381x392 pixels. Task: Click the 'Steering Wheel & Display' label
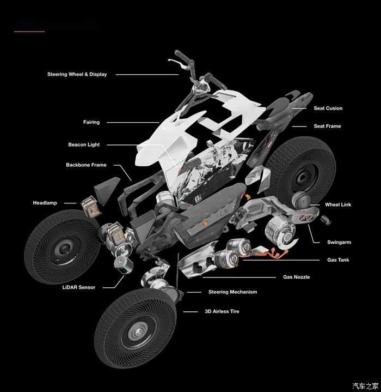pos(77,74)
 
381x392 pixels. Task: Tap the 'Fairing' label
pos(91,122)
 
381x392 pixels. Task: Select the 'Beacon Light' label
pos(84,144)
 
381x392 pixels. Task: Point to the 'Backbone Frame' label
pos(86,165)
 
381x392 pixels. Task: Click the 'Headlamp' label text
pos(45,203)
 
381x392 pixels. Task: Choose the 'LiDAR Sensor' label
pos(79,287)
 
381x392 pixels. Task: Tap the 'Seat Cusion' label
pos(328,108)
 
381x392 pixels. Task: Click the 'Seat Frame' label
pos(327,126)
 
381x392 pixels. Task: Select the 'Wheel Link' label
pos(338,204)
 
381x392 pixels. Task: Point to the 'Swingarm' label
pos(339,242)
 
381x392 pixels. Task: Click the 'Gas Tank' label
pos(338,260)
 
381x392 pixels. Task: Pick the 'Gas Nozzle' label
pos(296,277)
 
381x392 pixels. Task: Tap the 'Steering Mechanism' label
pos(232,292)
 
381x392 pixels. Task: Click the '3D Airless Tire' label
pos(222,311)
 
